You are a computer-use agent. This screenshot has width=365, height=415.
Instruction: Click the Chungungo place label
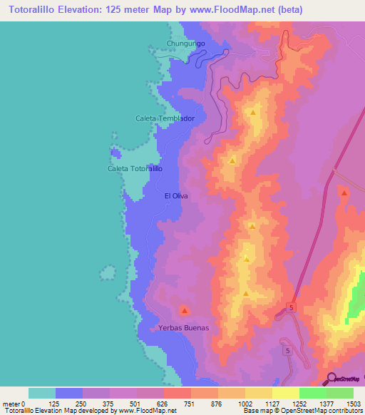pos(186,43)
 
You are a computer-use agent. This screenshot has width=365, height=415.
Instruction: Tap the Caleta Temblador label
pos(165,118)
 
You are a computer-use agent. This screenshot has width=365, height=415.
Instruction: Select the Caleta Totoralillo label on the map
pos(135,169)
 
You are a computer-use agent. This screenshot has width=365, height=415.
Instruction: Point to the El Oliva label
pos(175,195)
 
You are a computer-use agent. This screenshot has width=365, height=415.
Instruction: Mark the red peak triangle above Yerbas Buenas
pos(184,310)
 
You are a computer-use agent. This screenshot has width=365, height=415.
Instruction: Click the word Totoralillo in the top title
pos(31,10)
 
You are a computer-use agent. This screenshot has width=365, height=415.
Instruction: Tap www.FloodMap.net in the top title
pos(227,10)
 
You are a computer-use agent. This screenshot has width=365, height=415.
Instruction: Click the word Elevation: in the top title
pos(84,10)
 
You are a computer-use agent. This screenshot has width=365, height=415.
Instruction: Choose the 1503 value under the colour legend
pos(353,404)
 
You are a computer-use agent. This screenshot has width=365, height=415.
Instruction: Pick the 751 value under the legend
pos(190,404)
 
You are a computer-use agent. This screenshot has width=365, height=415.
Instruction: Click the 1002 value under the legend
pos(245,404)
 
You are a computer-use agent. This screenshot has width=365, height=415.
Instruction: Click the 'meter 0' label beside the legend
pos(14,404)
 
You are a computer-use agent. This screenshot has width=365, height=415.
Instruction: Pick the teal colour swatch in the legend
pos(42,393)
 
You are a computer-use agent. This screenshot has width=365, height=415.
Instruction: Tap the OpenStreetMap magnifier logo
pos(332,379)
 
